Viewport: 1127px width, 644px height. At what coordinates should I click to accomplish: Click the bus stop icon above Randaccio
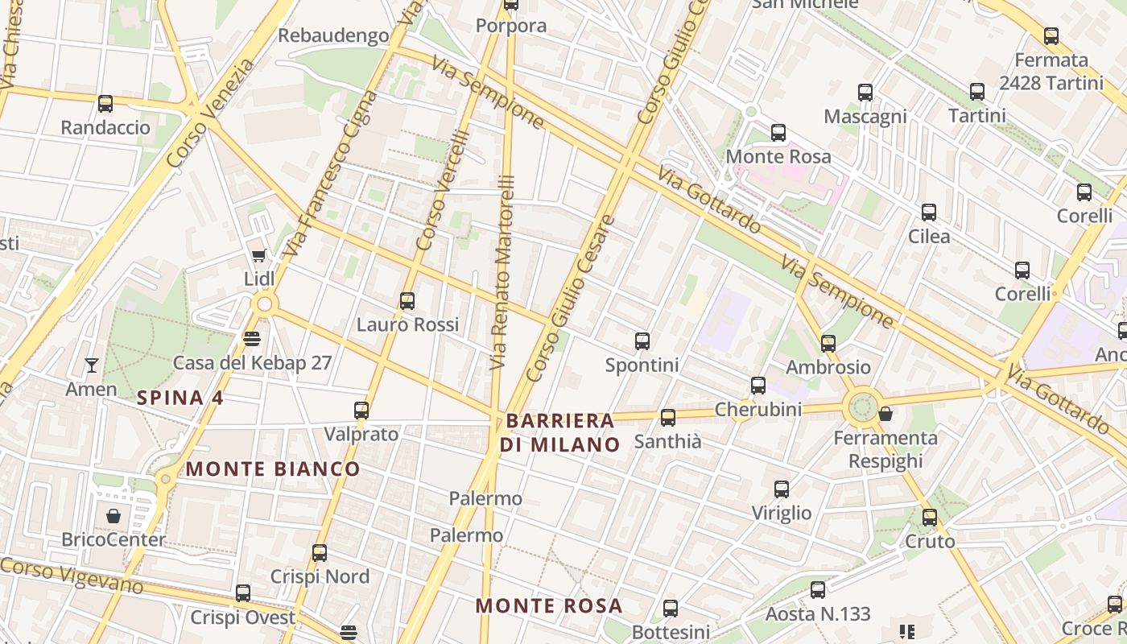click(105, 103)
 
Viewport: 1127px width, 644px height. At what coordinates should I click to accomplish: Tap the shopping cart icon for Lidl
click(258, 256)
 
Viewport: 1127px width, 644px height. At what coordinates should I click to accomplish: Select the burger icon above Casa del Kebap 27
click(252, 338)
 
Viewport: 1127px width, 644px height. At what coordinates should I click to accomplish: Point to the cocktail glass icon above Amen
click(92, 365)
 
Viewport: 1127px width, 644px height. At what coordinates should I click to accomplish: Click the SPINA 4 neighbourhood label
click(180, 398)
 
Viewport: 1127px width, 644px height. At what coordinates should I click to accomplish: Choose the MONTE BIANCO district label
click(273, 469)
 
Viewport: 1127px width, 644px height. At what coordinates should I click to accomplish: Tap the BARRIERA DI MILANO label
click(560, 432)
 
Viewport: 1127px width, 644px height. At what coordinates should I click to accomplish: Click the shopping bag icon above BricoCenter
click(114, 515)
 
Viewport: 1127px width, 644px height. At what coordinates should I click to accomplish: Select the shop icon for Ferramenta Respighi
click(885, 414)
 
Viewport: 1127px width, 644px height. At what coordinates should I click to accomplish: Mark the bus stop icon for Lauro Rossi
click(407, 301)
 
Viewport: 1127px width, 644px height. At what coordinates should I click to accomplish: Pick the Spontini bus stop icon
click(642, 341)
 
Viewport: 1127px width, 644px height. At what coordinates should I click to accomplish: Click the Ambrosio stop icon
click(828, 344)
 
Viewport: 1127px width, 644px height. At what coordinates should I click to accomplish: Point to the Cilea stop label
click(929, 237)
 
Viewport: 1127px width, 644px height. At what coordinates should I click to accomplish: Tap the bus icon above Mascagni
click(865, 93)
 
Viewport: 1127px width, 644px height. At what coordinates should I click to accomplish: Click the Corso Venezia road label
click(211, 113)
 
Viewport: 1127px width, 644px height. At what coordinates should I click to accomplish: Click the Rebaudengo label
click(333, 36)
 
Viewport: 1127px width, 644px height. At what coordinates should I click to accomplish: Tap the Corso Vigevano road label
click(72, 576)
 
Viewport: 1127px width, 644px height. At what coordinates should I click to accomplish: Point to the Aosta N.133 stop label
click(818, 614)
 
